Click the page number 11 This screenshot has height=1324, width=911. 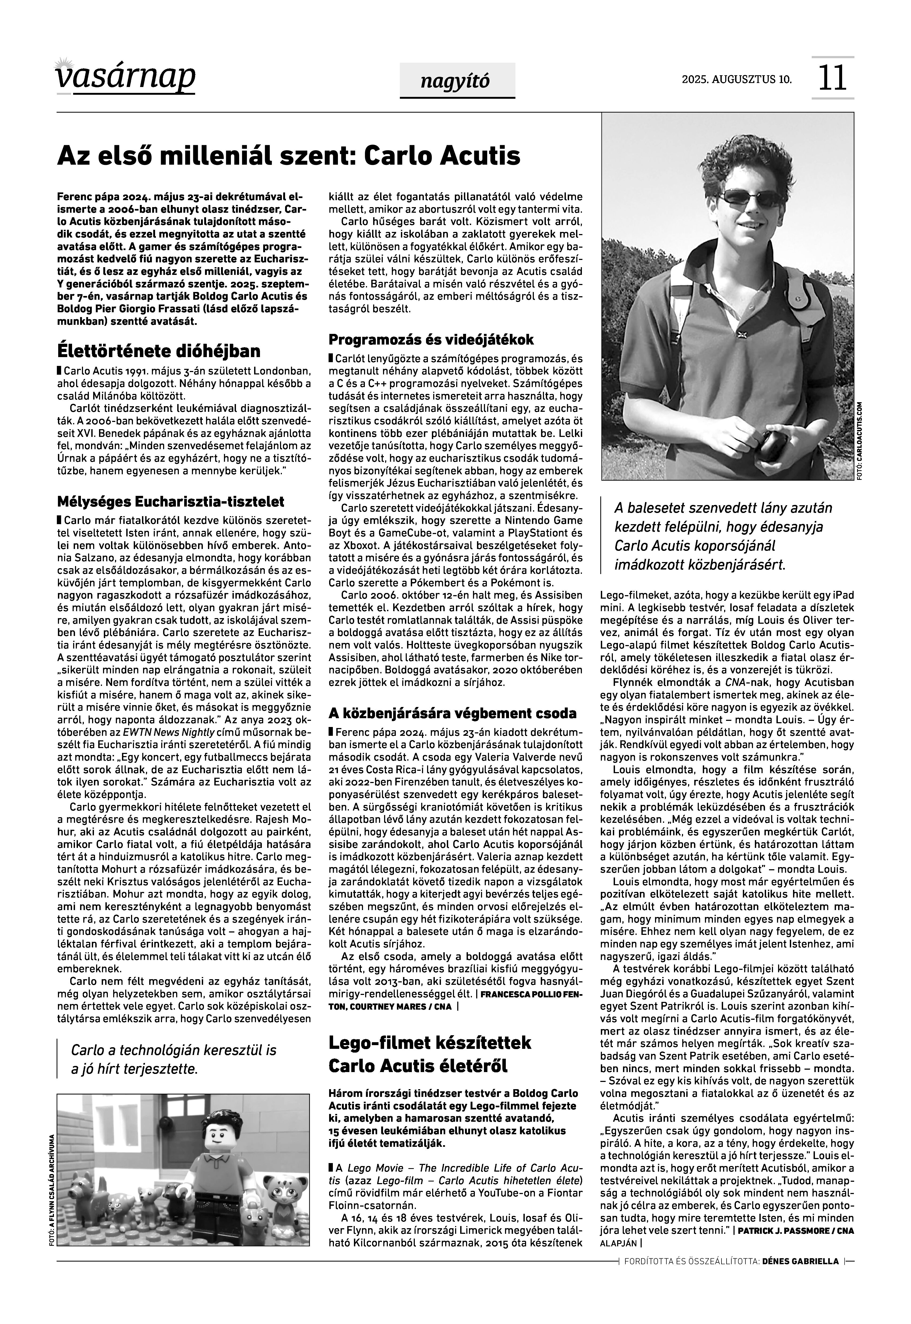click(x=832, y=78)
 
